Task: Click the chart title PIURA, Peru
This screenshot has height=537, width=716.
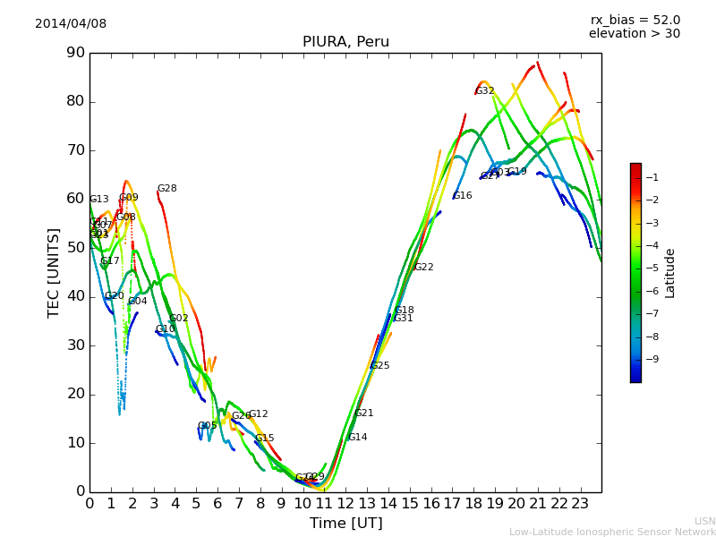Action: [345, 42]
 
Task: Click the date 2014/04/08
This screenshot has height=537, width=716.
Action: [71, 24]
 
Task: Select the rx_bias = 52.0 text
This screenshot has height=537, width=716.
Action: [635, 21]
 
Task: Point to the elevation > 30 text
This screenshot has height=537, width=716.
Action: [634, 34]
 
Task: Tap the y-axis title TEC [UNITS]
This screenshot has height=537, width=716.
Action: [54, 272]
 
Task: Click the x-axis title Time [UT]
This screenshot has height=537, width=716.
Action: [345, 524]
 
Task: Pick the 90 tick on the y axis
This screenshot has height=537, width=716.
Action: [75, 53]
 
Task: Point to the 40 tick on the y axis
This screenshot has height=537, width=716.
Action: [75, 296]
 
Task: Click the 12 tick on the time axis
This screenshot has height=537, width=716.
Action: [346, 504]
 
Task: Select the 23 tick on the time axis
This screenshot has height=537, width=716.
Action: [580, 504]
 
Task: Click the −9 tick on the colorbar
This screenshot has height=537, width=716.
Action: [653, 359]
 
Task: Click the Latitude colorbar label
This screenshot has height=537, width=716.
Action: [670, 273]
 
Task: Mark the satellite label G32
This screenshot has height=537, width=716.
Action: [485, 91]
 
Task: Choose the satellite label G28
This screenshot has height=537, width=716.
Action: [167, 189]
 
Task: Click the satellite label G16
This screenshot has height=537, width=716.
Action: [463, 196]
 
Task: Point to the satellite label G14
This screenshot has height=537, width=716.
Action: [358, 438]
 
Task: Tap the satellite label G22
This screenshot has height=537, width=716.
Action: [424, 268]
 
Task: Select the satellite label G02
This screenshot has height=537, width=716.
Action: [179, 319]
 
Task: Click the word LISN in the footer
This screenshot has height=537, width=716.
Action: [704, 521]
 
